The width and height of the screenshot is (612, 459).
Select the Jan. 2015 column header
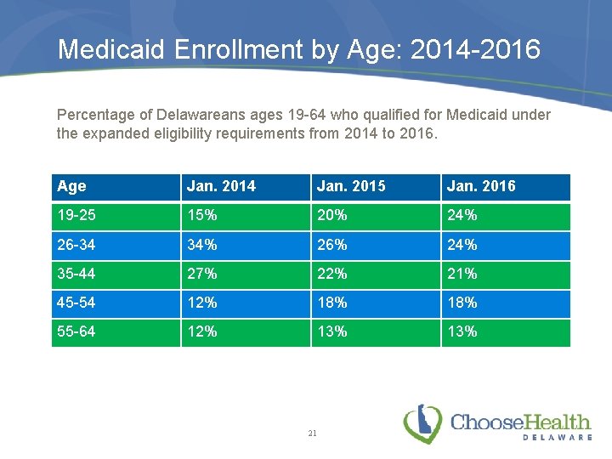coord(350,186)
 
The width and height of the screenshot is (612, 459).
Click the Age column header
coord(72,186)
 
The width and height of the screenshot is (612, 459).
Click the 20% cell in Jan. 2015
coord(331,215)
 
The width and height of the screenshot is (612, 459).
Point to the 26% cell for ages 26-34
coord(331,245)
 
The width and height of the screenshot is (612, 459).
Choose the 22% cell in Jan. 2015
coord(331,274)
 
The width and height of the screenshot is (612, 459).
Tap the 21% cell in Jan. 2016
coord(462,274)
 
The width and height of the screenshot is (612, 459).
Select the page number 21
coord(312,433)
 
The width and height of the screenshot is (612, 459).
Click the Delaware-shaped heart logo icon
coord(422,423)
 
